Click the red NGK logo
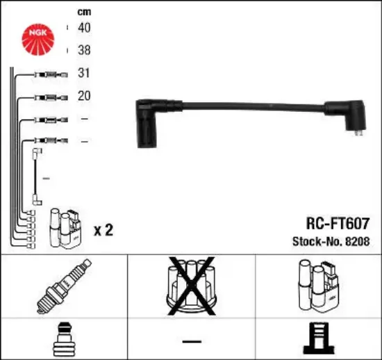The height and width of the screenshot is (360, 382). pyautogui.click(x=40, y=38)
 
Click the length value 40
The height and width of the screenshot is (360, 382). pyautogui.click(x=84, y=28)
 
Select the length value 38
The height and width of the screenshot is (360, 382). pyautogui.click(x=84, y=51)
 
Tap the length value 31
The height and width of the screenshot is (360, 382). pyautogui.click(x=84, y=73)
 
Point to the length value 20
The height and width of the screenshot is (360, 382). pyautogui.click(x=84, y=96)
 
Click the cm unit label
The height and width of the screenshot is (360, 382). pyautogui.click(x=84, y=11)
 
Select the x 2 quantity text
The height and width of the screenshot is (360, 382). pyautogui.click(x=103, y=230)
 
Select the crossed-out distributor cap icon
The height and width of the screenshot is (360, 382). pyautogui.click(x=191, y=285)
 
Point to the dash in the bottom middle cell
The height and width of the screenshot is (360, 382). pyautogui.click(x=191, y=341)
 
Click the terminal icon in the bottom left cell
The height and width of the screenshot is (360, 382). pyautogui.click(x=63, y=339)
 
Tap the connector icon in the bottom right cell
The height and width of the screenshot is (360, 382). pyautogui.click(x=318, y=339)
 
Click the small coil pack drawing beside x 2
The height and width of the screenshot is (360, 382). pyautogui.click(x=67, y=228)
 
